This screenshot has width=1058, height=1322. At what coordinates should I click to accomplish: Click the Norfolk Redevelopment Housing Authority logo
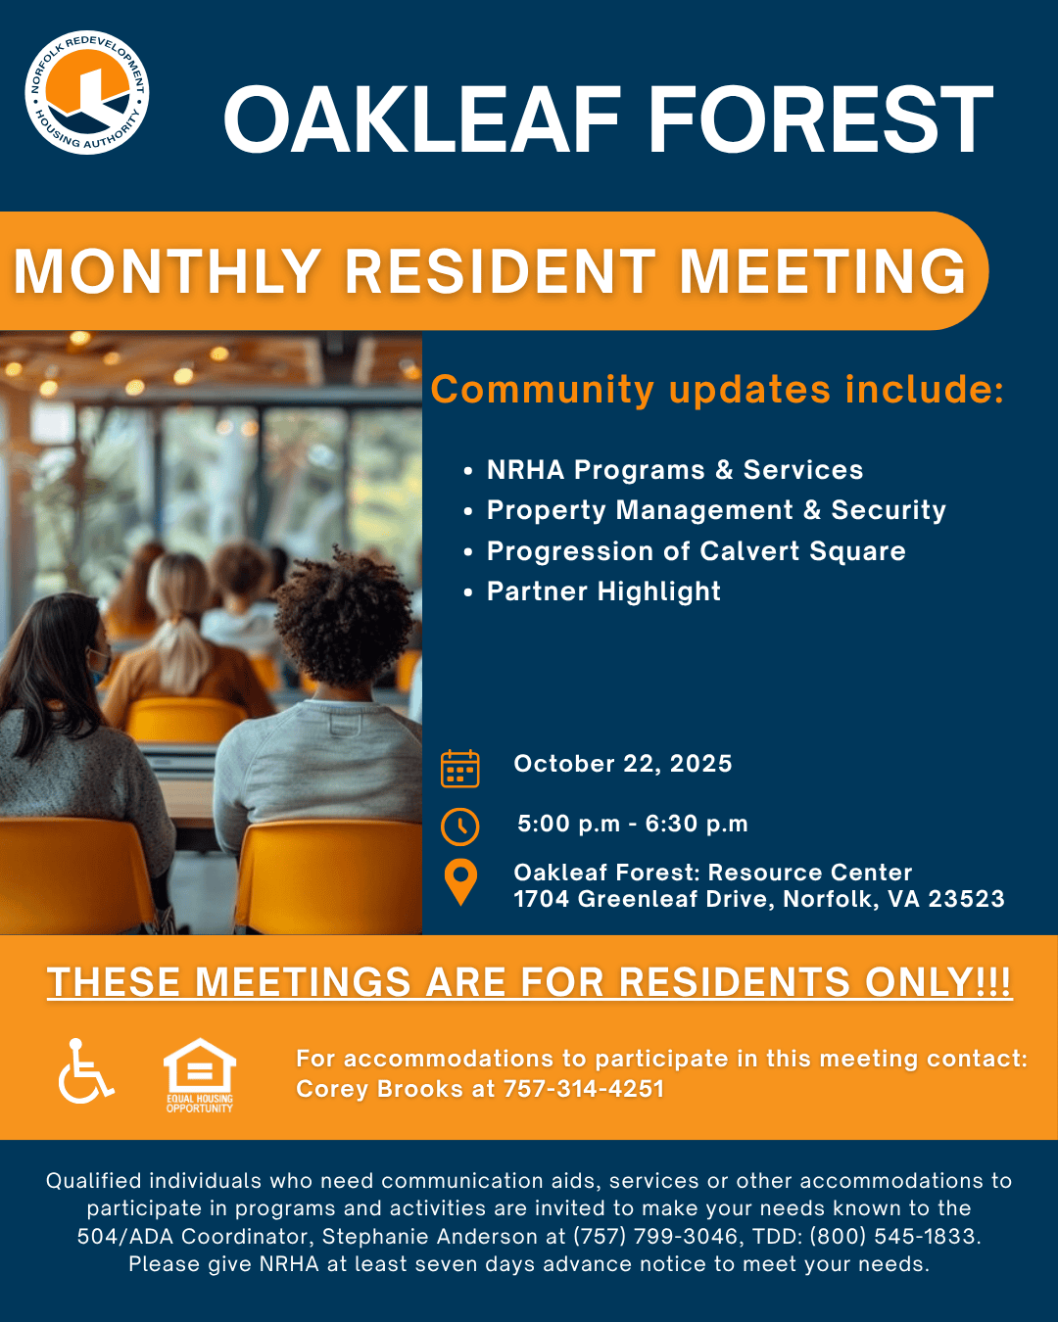click(x=86, y=93)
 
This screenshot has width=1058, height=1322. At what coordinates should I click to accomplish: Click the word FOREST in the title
click(x=821, y=118)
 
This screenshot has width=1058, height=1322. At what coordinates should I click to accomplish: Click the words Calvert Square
click(x=802, y=551)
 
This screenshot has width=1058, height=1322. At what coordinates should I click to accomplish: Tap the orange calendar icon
click(x=459, y=768)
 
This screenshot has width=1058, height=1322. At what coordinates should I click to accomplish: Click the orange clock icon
click(x=459, y=826)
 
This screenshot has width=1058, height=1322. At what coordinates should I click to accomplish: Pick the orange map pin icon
click(x=460, y=882)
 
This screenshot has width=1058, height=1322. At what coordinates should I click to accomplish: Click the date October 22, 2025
click(x=623, y=764)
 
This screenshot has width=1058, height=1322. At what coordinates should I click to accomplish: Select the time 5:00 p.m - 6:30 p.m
click(x=633, y=824)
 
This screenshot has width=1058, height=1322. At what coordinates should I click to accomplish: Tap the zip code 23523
click(x=966, y=899)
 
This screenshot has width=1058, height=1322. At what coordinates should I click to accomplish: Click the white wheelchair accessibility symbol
click(x=85, y=1070)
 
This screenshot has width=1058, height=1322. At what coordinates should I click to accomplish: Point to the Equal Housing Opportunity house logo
click(x=199, y=1075)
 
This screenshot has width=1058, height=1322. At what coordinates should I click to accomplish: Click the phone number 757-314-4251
click(x=584, y=1089)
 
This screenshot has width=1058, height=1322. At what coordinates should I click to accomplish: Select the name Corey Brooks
click(x=379, y=1089)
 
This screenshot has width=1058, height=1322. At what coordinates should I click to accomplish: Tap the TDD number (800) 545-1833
click(x=893, y=1236)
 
